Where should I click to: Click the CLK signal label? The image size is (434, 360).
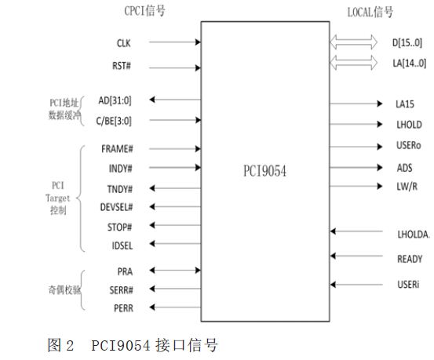[123, 43]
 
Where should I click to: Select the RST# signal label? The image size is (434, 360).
[121, 66]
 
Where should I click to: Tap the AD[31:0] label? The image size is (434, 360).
[115, 100]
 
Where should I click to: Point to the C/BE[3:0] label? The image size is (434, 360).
[114, 121]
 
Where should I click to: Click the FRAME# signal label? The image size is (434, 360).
[117, 149]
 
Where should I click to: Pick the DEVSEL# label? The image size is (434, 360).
[116, 207]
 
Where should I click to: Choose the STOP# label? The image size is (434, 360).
[119, 227]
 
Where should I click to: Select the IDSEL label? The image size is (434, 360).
[122, 245]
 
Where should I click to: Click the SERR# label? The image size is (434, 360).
[121, 290]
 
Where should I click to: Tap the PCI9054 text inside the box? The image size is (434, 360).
[264, 171]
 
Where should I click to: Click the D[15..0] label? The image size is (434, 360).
[407, 43]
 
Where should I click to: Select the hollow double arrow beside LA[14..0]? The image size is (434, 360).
[353, 63]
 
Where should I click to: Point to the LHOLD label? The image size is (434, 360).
[409, 125]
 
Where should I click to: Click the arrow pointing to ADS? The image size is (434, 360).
[356, 167]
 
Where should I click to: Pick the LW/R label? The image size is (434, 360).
[407, 187]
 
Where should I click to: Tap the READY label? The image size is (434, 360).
[410, 259]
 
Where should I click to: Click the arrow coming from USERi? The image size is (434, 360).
[356, 285]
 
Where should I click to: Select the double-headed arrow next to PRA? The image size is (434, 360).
[175, 271]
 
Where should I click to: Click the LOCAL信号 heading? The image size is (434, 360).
[370, 13]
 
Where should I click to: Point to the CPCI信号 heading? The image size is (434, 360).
[144, 11]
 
